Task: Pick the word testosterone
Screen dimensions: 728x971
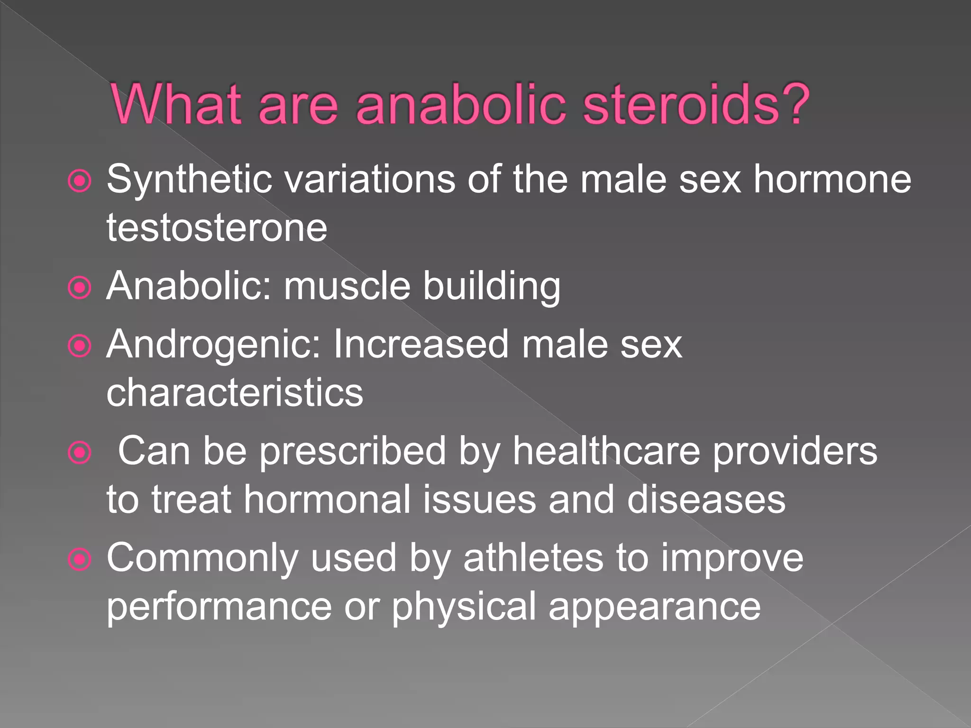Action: click(x=217, y=228)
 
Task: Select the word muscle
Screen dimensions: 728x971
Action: click(x=347, y=286)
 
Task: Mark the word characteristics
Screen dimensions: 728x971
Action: click(x=235, y=393)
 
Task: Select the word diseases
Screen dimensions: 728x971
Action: click(x=706, y=500)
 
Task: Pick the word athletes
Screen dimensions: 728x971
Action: click(x=533, y=558)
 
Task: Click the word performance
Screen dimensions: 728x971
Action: click(x=219, y=608)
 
